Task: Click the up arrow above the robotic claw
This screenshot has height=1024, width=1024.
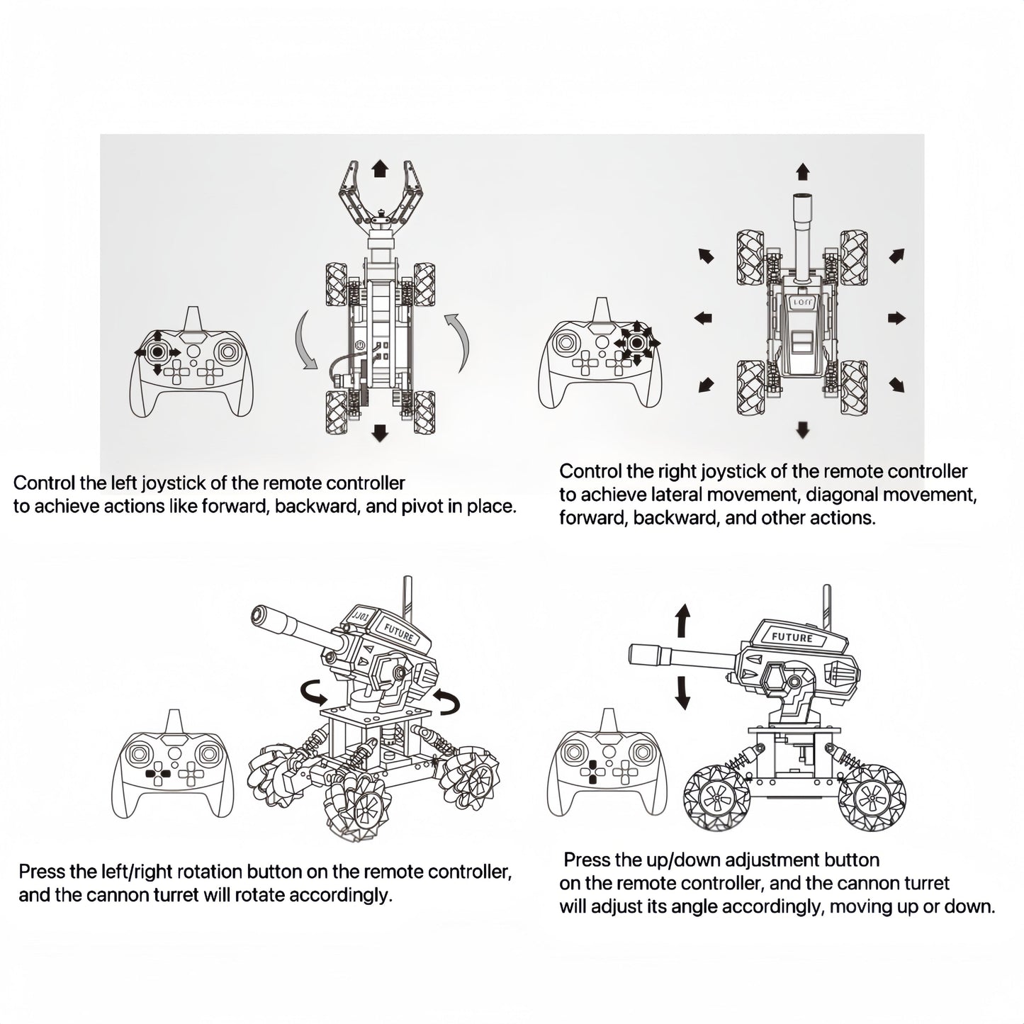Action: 380,168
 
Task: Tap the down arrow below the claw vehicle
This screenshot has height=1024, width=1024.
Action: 380,433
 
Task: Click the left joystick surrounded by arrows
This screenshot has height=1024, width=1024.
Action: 157,351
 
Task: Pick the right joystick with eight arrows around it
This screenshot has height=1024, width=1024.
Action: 637,343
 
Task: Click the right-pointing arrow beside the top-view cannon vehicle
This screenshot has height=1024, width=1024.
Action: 896,317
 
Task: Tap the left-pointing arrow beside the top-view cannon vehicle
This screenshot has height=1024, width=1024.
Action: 703,318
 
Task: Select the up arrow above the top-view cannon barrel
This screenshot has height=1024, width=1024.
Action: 802,171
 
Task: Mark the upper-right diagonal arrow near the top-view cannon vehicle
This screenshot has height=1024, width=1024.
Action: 896,256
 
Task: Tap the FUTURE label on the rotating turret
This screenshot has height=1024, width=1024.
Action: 398,631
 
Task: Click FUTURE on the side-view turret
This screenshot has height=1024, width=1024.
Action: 792,637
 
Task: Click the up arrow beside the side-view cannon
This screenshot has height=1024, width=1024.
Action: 682,622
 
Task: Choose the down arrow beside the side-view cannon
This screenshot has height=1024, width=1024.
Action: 682,692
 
